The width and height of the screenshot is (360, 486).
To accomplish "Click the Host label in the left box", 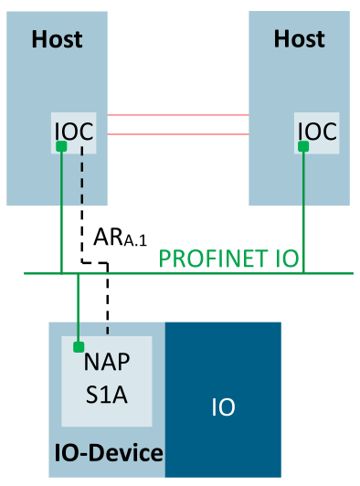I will click(x=57, y=39).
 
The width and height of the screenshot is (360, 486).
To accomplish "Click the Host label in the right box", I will click(x=300, y=39).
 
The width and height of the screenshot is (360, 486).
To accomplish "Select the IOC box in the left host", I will click(x=73, y=133).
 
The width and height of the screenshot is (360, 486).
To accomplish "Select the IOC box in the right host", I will click(x=316, y=133).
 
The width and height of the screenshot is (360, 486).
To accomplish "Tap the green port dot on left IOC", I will click(x=60, y=146).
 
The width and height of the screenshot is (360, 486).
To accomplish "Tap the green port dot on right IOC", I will click(x=303, y=146).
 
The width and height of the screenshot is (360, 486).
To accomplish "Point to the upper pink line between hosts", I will click(x=177, y=115).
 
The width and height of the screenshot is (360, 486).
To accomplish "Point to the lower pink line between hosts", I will click(x=177, y=134).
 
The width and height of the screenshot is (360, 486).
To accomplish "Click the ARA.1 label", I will click(x=118, y=238).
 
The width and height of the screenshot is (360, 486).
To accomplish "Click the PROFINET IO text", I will click(x=229, y=259).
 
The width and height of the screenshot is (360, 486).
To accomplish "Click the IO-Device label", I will click(x=107, y=452).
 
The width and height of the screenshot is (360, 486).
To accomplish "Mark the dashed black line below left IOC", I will click(x=83, y=201).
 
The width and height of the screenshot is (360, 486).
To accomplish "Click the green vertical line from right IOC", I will click(x=303, y=210).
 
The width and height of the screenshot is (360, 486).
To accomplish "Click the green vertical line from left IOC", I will click(x=60, y=210).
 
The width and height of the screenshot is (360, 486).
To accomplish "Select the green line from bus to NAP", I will click(x=79, y=306).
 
